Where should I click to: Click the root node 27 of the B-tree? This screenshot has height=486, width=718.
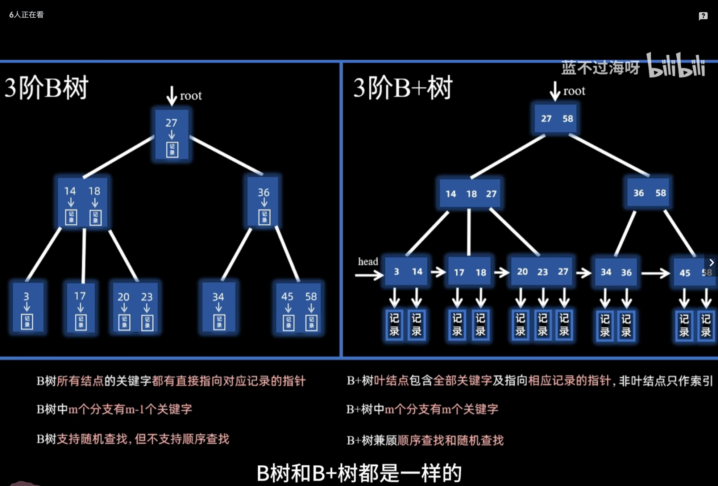(x=171, y=134)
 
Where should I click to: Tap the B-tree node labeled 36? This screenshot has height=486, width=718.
(x=263, y=202)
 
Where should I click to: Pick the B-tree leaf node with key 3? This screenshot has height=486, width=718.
(x=28, y=307)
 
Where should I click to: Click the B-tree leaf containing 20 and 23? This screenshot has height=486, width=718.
(x=135, y=308)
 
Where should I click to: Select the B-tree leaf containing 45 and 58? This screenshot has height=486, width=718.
(x=299, y=308)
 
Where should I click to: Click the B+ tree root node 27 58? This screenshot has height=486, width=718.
(x=556, y=119)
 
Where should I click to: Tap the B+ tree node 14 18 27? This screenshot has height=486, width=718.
(x=470, y=194)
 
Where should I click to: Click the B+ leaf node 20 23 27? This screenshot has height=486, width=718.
(x=542, y=272)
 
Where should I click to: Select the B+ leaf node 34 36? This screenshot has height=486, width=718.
(x=616, y=272)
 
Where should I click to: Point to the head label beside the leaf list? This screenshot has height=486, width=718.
(x=368, y=261)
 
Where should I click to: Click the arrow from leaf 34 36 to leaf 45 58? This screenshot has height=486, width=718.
(x=655, y=273)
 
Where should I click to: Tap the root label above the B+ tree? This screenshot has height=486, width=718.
(x=574, y=91)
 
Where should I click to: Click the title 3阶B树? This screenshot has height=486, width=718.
(x=46, y=88)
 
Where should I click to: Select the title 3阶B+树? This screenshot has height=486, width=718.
(x=403, y=88)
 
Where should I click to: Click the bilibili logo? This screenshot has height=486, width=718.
(x=676, y=66)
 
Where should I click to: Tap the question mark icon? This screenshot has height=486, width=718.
(x=703, y=16)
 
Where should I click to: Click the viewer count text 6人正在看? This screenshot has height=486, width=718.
(x=26, y=15)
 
